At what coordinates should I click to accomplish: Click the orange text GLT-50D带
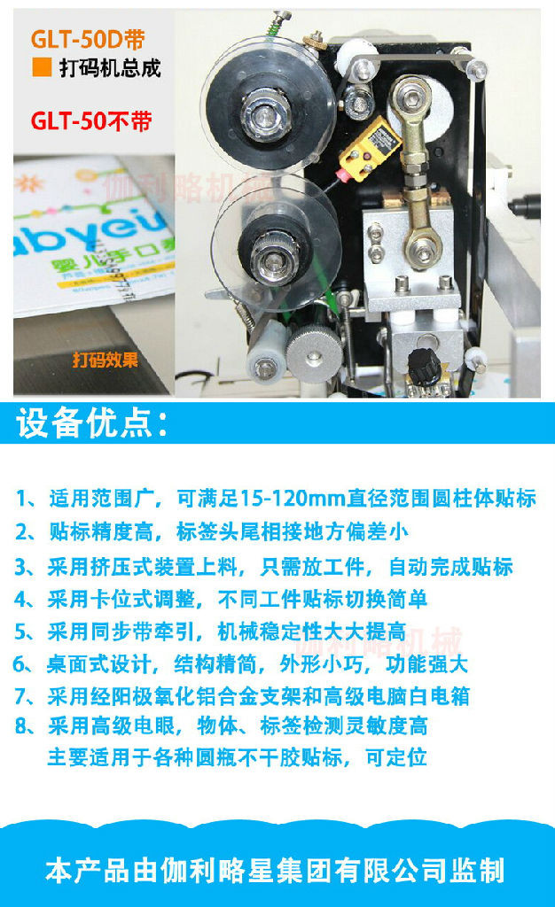click(88, 39)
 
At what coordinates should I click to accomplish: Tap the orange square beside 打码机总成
click(42, 67)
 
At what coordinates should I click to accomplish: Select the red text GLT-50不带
click(90, 120)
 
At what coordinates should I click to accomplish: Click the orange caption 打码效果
click(106, 360)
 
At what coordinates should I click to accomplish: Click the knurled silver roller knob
click(314, 354)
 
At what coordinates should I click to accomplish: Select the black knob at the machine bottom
click(423, 365)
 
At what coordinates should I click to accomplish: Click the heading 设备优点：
click(92, 422)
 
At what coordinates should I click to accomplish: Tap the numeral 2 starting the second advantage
click(20, 531)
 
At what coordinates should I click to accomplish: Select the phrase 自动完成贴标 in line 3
click(450, 567)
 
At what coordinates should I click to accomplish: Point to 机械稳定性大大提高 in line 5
click(311, 632)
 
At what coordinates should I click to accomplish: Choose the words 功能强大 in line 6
click(426, 664)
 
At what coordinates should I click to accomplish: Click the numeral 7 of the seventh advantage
click(20, 696)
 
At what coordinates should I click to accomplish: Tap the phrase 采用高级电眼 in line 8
click(111, 725)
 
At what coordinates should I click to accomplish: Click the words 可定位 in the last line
click(395, 756)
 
